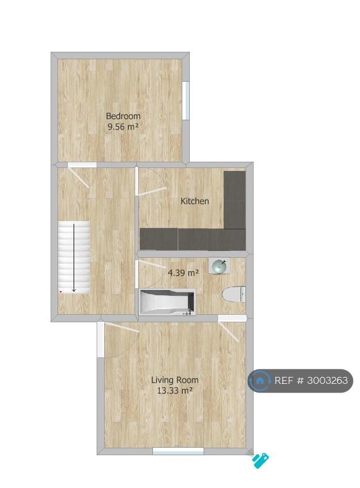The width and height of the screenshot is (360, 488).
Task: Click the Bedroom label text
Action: pyautogui.click(x=123, y=116)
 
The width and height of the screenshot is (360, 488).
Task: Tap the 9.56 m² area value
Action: pyautogui.click(x=123, y=127)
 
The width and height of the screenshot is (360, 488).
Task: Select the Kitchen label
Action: pyautogui.click(x=194, y=201)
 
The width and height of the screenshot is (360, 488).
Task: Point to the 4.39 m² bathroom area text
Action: pyautogui.click(x=183, y=273)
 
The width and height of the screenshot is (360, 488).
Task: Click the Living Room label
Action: pyautogui.click(x=175, y=380)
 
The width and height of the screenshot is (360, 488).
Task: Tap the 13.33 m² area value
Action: pyautogui.click(x=175, y=390)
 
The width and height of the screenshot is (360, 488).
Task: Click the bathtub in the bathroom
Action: pyautogui.click(x=167, y=302)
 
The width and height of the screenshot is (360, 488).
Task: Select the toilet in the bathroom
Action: pyautogui.click(x=234, y=294)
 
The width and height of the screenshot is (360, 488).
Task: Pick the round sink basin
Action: pyautogui.click(x=220, y=266)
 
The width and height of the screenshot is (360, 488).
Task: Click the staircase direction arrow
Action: pyautogui.click(x=74, y=258)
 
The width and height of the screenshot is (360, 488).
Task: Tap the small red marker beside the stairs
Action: pyautogui.click(x=60, y=292)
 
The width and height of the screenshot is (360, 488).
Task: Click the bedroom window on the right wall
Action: pyautogui.click(x=186, y=101)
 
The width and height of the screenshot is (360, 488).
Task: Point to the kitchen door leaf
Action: pyautogui.click(x=152, y=192)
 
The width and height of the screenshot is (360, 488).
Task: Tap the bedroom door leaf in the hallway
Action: pyautogui.click(x=79, y=177)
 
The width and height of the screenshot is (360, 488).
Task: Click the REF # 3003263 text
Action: pyautogui.click(x=311, y=380)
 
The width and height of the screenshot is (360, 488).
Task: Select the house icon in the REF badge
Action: pyautogui.click(x=260, y=380)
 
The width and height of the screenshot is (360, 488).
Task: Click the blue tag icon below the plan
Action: pyautogui.click(x=260, y=460)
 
